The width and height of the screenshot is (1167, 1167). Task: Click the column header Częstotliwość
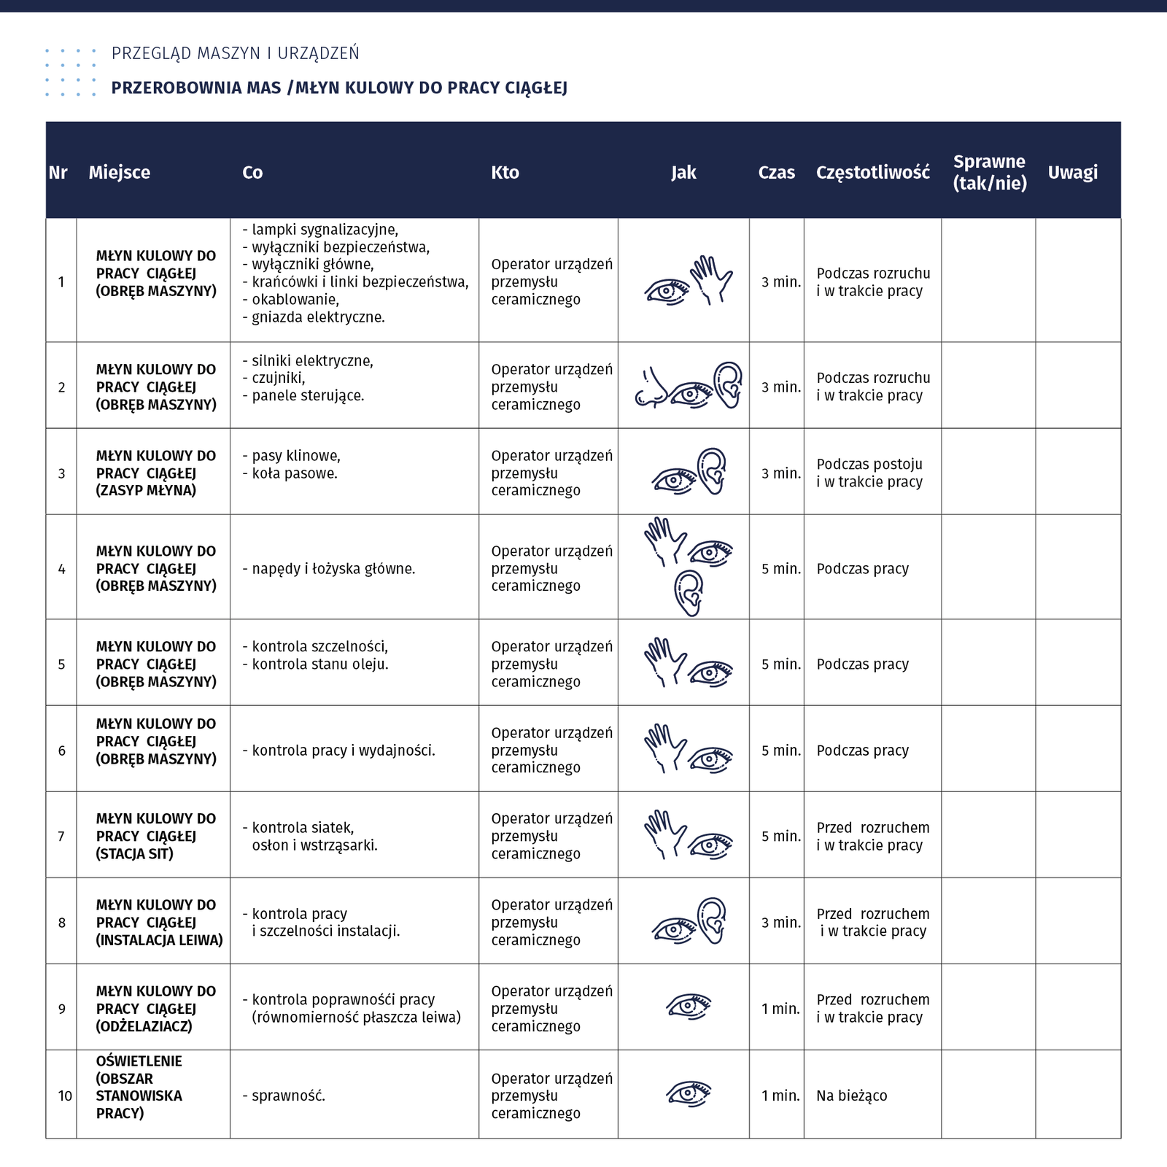point(872,173)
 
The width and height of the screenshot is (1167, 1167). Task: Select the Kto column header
point(505,173)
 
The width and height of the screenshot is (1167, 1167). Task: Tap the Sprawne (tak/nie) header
point(989,172)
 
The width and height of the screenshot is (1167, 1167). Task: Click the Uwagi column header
point(1072,173)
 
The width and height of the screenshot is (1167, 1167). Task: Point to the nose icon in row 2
point(651,388)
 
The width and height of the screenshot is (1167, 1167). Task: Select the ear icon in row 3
point(713,470)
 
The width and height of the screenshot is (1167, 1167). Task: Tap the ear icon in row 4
point(689,592)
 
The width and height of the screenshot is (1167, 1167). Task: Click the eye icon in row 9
point(688,1007)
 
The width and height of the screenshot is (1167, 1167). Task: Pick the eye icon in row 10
point(688,1093)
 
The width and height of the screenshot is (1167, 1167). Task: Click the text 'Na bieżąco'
point(851,1096)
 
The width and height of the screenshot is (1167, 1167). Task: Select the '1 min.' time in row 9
point(780,1009)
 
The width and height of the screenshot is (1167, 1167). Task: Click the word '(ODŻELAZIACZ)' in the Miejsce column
point(144,1026)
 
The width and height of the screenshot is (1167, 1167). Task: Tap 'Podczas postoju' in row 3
point(869,464)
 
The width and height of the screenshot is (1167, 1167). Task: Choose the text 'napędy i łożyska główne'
point(333,569)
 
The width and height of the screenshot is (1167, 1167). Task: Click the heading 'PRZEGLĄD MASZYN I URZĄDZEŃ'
point(235,53)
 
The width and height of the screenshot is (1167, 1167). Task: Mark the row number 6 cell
point(61,751)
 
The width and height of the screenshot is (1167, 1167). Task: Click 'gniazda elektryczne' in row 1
point(317,317)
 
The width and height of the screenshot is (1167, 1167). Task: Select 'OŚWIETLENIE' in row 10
point(139,1061)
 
